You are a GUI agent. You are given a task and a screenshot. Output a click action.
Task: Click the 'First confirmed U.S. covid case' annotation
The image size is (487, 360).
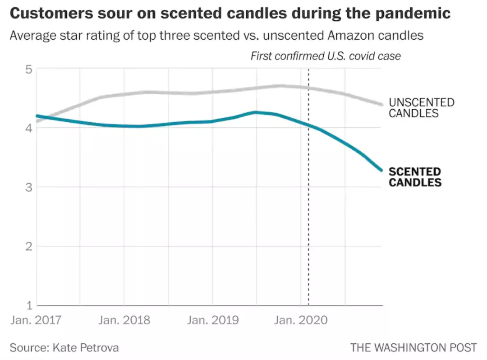(325, 56)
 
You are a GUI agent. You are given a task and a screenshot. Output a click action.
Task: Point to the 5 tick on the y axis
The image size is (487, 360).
(28, 69)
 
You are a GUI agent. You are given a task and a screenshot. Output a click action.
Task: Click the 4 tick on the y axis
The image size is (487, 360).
(28, 128)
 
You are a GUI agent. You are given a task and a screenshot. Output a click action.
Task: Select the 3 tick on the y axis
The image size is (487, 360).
(28, 187)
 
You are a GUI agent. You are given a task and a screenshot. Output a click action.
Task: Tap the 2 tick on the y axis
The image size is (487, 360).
(28, 246)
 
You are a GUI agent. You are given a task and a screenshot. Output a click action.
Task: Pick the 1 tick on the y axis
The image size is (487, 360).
(28, 305)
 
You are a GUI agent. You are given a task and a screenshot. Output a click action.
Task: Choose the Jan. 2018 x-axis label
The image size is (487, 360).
(124, 320)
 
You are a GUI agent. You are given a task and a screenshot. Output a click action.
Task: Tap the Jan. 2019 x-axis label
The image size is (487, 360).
(213, 320)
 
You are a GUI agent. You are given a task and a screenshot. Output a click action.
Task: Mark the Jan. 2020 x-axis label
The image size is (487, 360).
(301, 320)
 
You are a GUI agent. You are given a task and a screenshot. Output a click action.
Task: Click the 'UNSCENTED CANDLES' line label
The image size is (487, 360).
(421, 108)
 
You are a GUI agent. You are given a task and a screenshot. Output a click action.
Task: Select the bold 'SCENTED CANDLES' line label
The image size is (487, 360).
(415, 177)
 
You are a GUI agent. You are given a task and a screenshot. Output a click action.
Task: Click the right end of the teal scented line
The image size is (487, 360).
(381, 170)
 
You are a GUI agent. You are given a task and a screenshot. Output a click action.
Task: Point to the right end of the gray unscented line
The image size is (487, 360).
(381, 104)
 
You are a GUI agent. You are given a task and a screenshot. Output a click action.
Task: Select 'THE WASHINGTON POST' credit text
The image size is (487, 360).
(413, 348)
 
